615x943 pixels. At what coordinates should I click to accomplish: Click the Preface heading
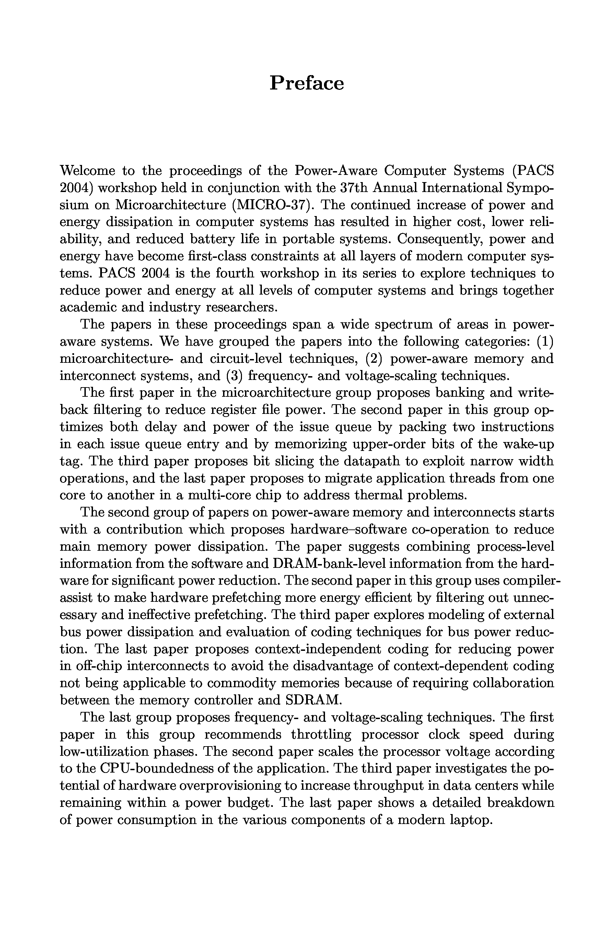click(x=306, y=83)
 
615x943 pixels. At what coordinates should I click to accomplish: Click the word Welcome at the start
click(x=87, y=171)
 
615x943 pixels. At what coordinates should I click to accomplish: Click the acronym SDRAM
click(x=313, y=701)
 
